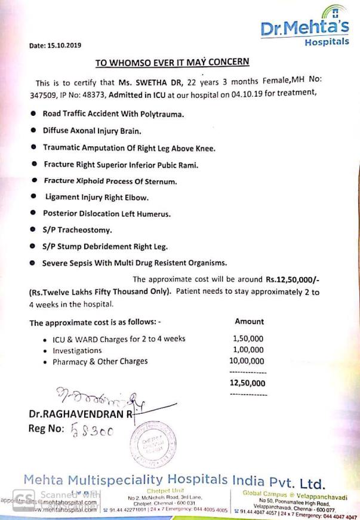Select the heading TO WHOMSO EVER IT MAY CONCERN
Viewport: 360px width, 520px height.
click(173, 61)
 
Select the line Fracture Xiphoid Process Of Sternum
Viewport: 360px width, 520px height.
click(110, 180)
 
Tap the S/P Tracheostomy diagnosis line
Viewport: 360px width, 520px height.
click(78, 229)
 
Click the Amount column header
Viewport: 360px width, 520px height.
click(249, 321)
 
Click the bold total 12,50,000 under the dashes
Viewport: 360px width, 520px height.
click(248, 383)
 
